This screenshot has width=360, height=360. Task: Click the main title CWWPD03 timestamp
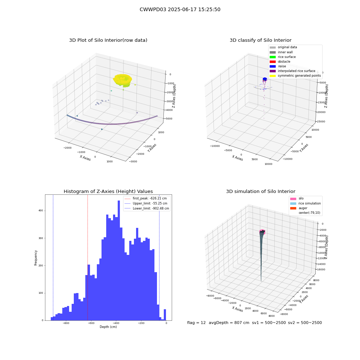click(x=180, y=9)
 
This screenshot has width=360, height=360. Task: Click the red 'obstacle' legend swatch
click(x=273, y=62)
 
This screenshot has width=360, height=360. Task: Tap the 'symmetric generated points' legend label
click(x=300, y=76)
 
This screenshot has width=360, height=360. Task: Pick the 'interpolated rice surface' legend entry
click(x=292, y=71)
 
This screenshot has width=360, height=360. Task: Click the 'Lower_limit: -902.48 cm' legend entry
click(x=147, y=208)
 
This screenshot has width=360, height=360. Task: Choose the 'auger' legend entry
click(x=299, y=208)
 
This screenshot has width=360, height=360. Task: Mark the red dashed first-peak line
click(x=87, y=257)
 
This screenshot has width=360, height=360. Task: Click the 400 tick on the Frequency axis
click(x=41, y=211)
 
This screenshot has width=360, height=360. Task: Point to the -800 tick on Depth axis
click(x=66, y=323)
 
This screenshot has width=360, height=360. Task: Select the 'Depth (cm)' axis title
click(x=108, y=327)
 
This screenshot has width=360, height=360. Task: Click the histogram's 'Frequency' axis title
click(x=36, y=258)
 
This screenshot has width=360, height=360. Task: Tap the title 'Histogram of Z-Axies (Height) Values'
click(x=108, y=191)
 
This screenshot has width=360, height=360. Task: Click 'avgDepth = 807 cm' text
click(x=229, y=323)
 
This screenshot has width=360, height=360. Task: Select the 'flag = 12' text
click(x=196, y=323)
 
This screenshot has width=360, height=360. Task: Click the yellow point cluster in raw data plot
click(x=123, y=80)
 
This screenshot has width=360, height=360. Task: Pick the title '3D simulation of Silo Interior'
click(x=261, y=191)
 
